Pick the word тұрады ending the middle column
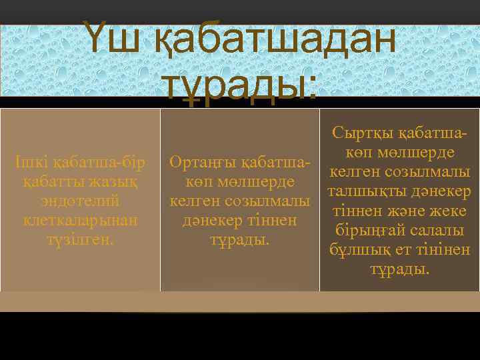(239, 239)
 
